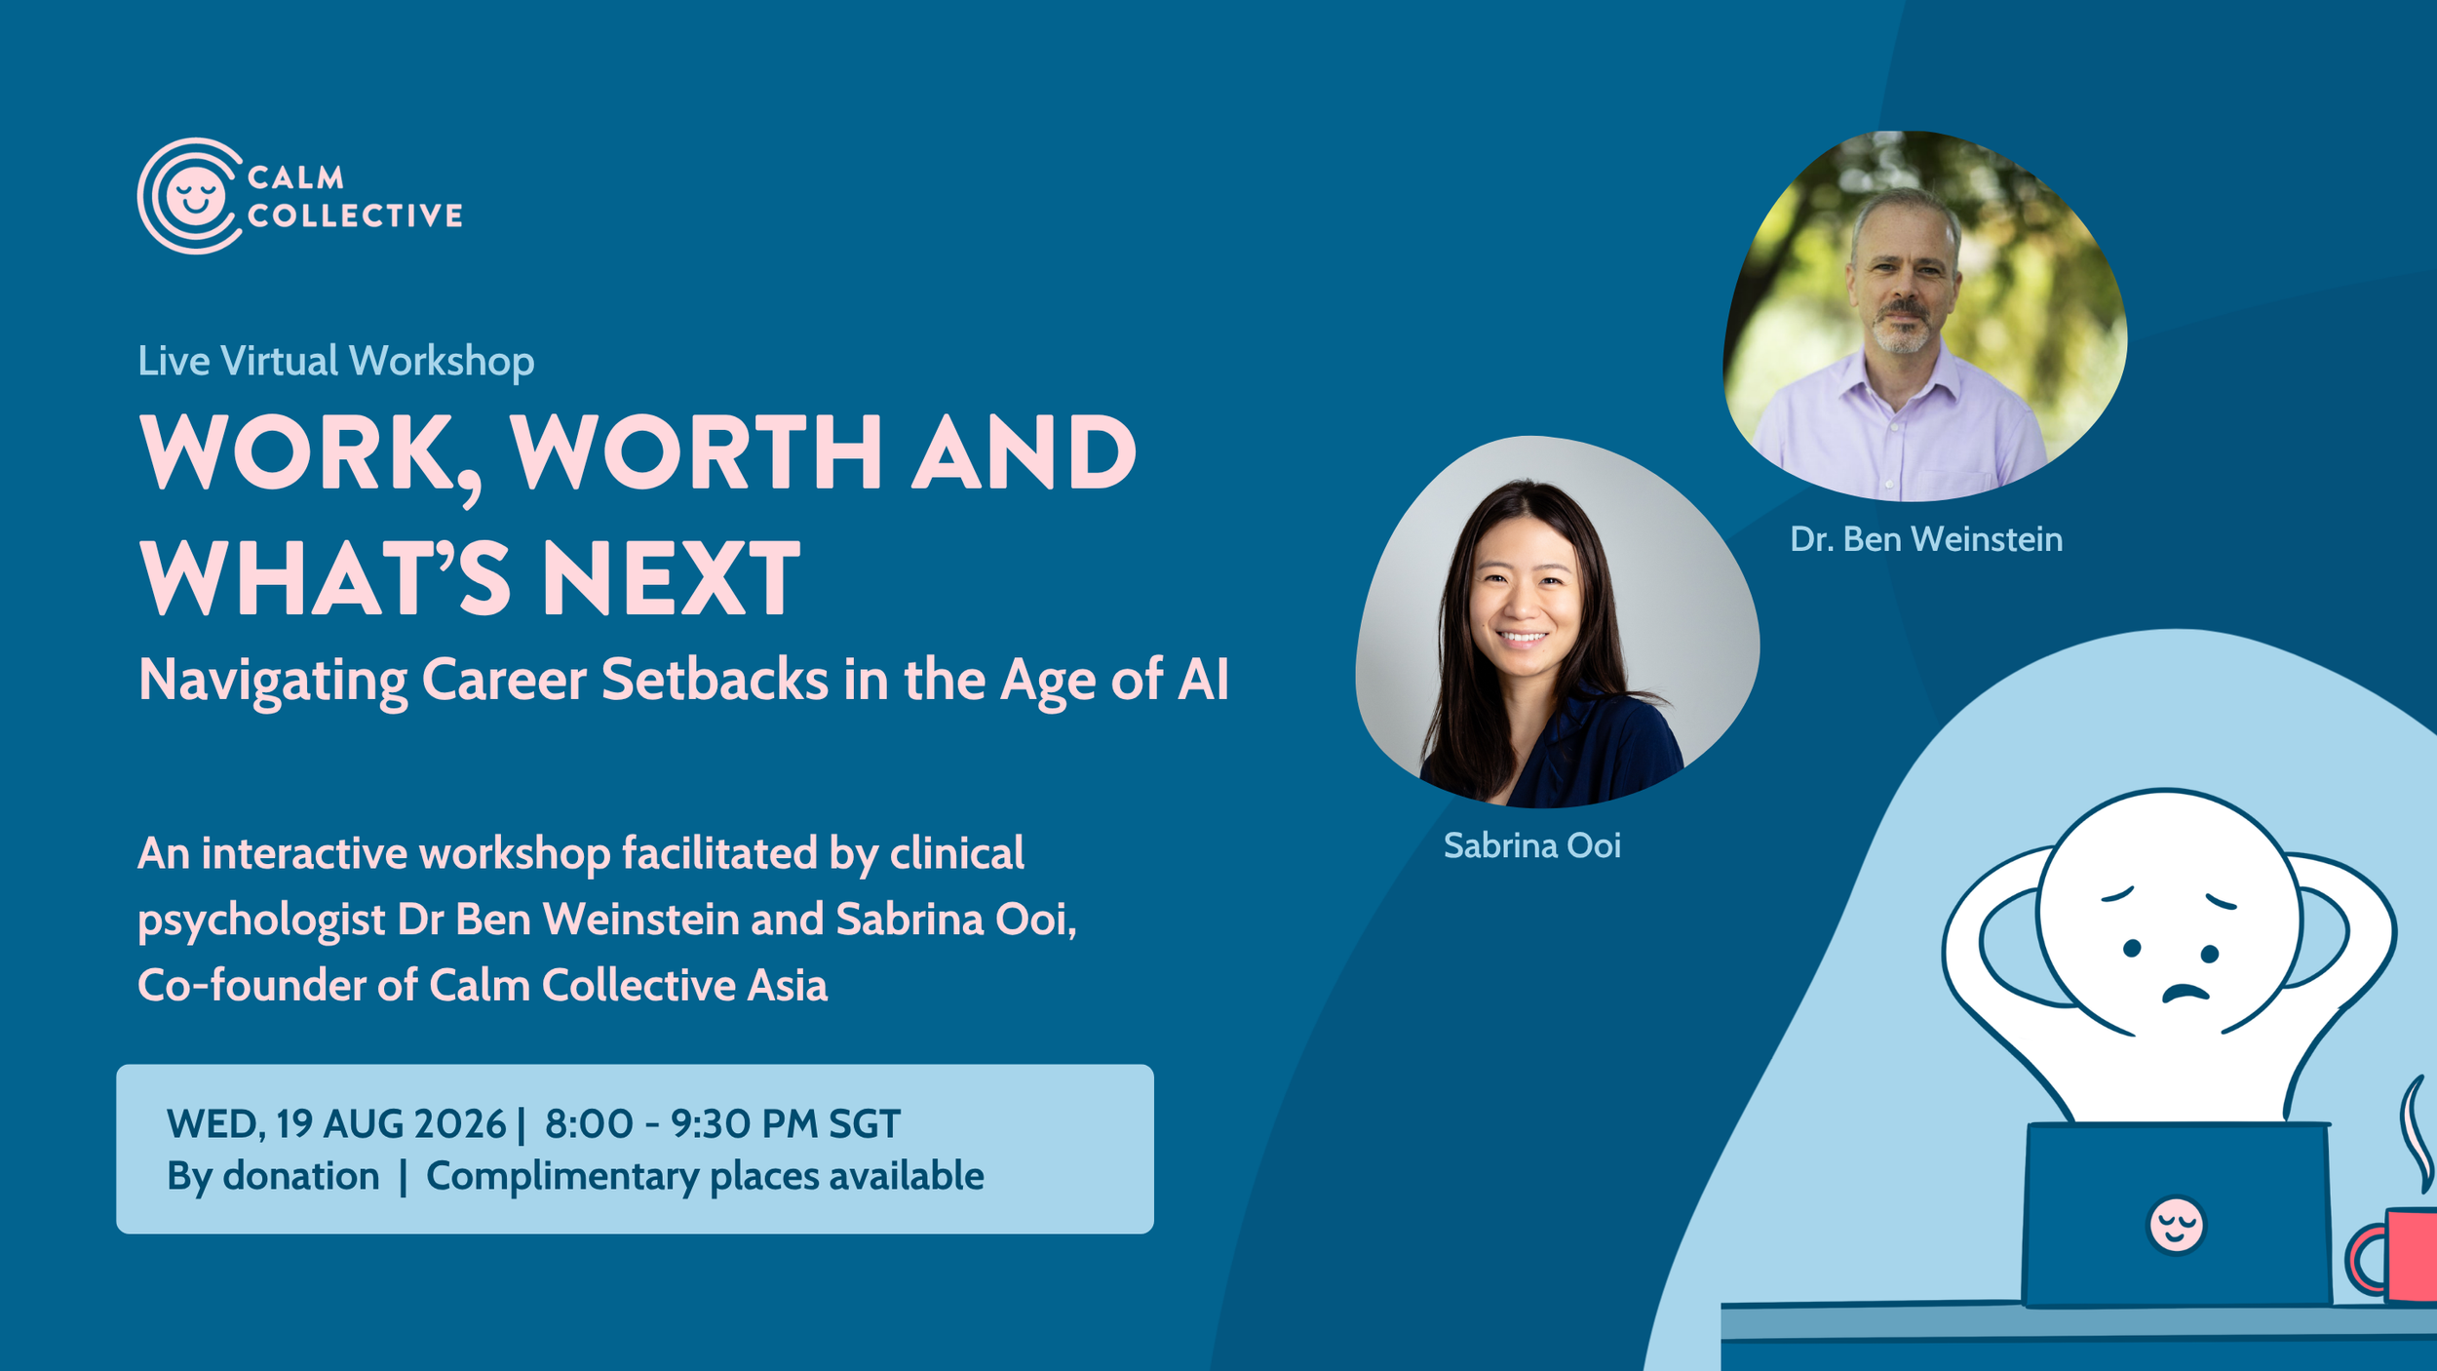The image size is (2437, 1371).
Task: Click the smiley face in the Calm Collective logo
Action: (x=195, y=195)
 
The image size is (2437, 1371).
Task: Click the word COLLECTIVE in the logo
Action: (x=355, y=215)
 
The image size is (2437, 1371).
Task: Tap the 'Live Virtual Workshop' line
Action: (x=336, y=362)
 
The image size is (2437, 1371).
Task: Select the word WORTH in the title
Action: (x=697, y=452)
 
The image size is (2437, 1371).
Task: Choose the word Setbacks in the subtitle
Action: (x=715, y=679)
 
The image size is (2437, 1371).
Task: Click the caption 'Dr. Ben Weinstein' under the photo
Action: (x=1926, y=539)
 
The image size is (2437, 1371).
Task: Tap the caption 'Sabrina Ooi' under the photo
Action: (x=1532, y=845)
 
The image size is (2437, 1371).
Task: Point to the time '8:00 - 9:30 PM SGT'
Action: (x=722, y=1124)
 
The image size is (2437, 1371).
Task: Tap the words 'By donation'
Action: (x=273, y=1177)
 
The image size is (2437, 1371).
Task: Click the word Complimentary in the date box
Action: (x=562, y=1177)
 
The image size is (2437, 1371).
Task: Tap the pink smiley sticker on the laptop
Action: (x=2177, y=1226)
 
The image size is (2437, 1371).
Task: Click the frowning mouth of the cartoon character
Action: (x=2186, y=992)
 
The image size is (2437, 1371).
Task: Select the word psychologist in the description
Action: (x=261, y=921)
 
